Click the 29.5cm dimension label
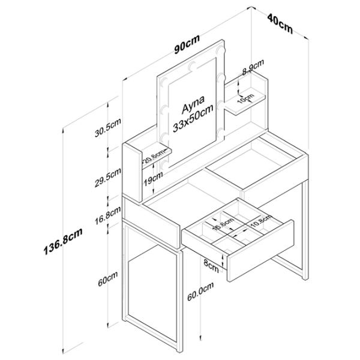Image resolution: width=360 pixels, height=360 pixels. coord(108,178)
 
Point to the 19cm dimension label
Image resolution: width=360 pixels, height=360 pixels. coord(154,177)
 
